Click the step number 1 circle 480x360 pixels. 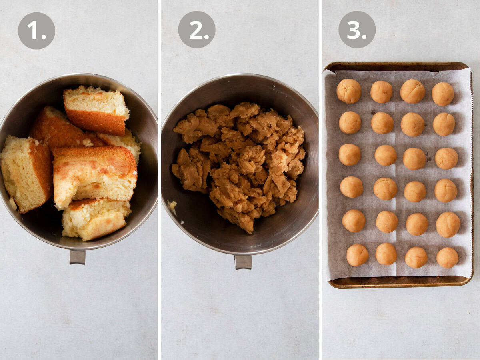(36, 30)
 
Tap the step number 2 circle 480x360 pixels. (196, 30)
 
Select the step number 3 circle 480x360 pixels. (357, 30)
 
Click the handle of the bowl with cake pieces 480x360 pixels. (77, 256)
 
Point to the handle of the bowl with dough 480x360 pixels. (243, 262)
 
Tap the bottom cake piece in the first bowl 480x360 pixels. (95, 219)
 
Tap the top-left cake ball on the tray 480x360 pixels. (348, 91)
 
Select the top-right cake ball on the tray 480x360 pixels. (443, 94)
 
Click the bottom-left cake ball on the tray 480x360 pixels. (357, 255)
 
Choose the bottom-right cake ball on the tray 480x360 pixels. (447, 257)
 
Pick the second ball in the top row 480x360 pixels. (381, 92)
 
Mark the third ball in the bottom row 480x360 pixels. (416, 257)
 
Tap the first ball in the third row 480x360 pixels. (350, 155)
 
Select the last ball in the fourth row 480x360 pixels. (446, 190)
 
